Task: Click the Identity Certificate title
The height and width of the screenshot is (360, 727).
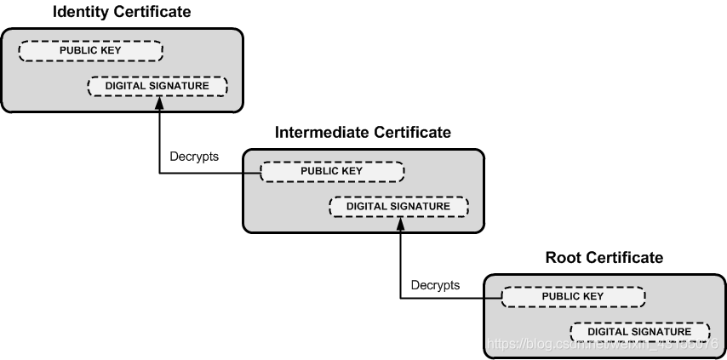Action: pos(122,12)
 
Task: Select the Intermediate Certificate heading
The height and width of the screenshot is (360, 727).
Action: pos(363,133)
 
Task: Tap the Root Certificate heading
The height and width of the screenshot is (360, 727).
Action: pos(604,258)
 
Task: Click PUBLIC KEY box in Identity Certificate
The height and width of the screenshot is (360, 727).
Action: pos(90,50)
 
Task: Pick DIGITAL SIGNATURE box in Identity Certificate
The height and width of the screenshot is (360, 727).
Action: pos(157,86)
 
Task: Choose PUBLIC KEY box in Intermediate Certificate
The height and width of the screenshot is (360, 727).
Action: pos(332,171)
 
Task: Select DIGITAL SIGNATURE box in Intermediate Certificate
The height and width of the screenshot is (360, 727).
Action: pos(398,206)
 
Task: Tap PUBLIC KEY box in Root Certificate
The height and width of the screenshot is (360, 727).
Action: pos(573,296)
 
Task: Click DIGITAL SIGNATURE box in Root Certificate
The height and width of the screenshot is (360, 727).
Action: pos(639,331)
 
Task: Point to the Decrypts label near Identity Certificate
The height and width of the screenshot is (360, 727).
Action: pos(194,157)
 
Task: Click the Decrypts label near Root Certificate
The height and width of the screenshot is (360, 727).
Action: pos(435,284)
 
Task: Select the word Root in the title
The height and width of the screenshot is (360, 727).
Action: pos(562,258)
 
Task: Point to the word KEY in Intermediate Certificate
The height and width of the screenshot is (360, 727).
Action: pos(352,171)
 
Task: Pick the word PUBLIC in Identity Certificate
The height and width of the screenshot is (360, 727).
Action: pos(78,50)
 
